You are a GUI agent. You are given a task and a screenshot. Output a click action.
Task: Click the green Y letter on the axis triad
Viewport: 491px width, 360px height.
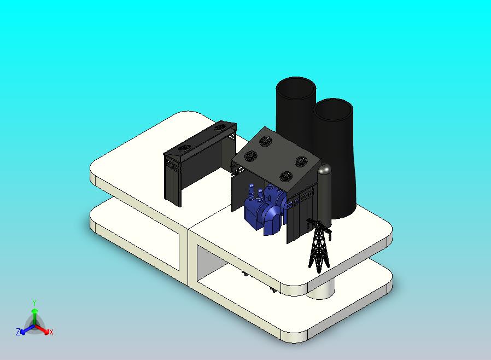[34, 303]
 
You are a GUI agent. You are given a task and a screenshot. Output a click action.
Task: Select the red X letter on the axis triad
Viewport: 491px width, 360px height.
[51, 332]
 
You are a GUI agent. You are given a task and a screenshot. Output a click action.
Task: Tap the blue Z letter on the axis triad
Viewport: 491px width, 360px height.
[18, 332]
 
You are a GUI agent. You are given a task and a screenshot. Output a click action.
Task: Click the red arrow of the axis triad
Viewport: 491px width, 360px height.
[42, 329]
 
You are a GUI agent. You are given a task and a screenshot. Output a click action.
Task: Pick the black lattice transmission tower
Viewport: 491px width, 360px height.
[319, 245]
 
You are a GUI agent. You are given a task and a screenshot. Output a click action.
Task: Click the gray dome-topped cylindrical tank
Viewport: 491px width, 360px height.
[324, 194]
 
